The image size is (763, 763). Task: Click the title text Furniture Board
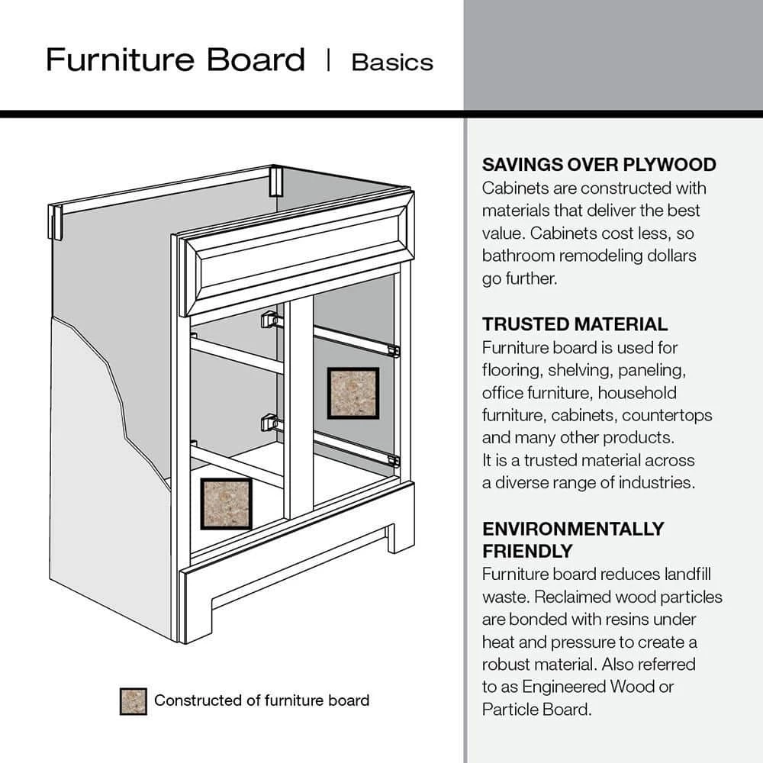click(x=175, y=60)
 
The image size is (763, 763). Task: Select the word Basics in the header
click(x=392, y=62)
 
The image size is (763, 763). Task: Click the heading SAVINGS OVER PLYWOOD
click(x=599, y=165)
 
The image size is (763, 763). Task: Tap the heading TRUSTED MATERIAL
click(x=575, y=324)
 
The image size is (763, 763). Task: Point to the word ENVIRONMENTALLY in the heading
click(x=573, y=529)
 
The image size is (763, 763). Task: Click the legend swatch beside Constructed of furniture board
click(x=133, y=701)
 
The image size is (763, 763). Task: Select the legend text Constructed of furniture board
click(x=262, y=700)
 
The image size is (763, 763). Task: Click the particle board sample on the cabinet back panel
click(x=353, y=393)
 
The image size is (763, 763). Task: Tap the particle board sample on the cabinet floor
click(x=227, y=504)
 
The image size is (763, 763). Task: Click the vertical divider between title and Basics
click(x=328, y=60)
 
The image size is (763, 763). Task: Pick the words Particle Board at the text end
click(x=536, y=709)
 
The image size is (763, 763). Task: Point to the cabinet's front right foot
click(x=400, y=534)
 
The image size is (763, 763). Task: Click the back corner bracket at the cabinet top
click(x=275, y=182)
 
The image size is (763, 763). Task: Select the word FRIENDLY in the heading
click(x=527, y=550)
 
